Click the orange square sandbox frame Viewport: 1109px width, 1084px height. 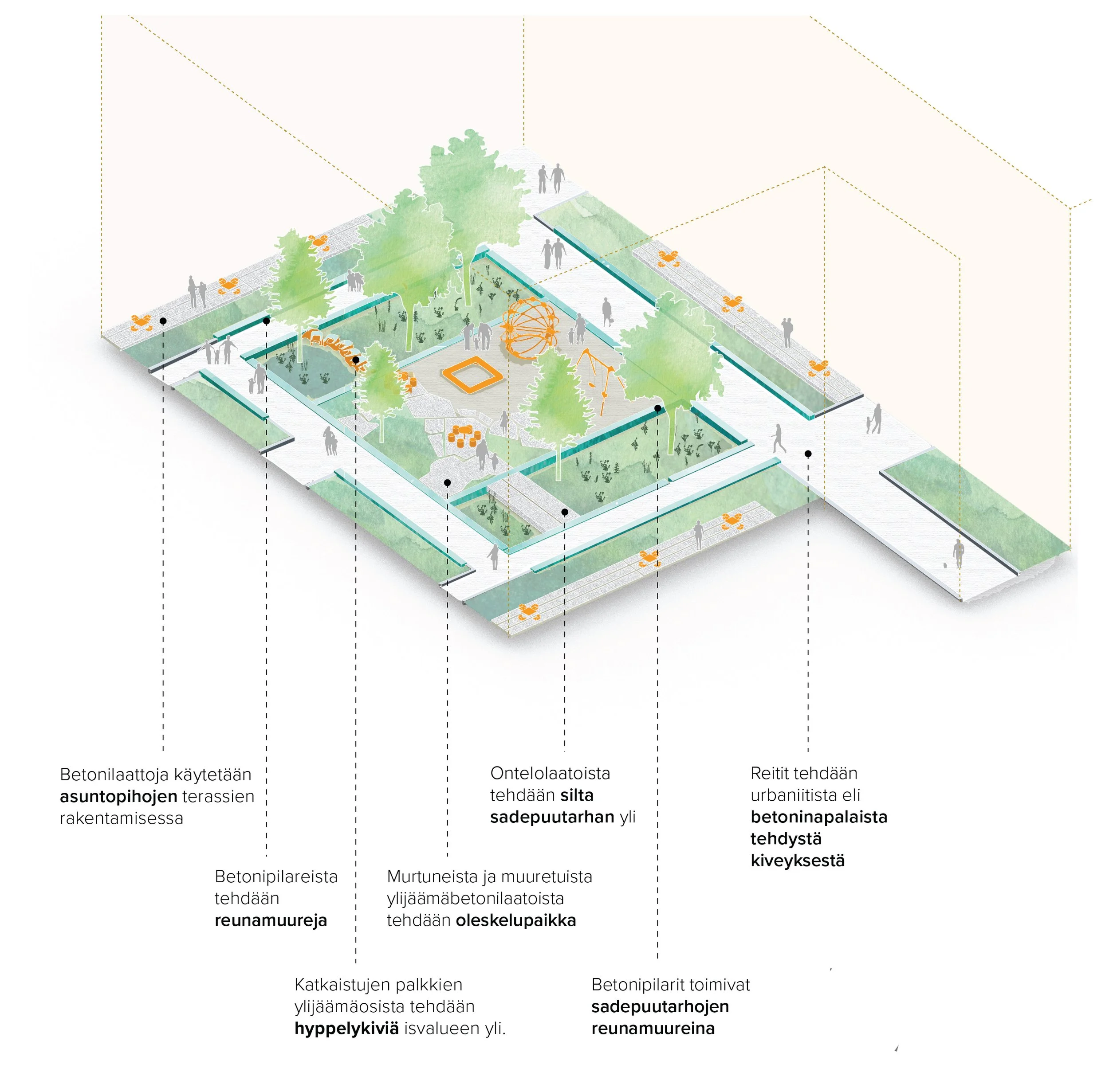click(x=472, y=374)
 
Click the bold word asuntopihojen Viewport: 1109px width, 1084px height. click(x=118, y=796)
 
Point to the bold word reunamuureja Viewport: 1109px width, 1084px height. click(x=271, y=920)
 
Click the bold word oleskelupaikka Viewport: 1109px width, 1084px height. click(x=515, y=920)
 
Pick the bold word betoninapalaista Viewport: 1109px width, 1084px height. click(x=818, y=817)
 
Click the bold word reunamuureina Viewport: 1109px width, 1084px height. click(x=653, y=1028)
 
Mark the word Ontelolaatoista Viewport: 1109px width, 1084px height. click(x=550, y=773)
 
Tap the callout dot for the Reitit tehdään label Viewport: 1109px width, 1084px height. click(x=808, y=454)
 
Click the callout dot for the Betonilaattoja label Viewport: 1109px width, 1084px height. click(x=163, y=321)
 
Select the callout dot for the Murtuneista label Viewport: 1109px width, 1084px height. click(x=447, y=483)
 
